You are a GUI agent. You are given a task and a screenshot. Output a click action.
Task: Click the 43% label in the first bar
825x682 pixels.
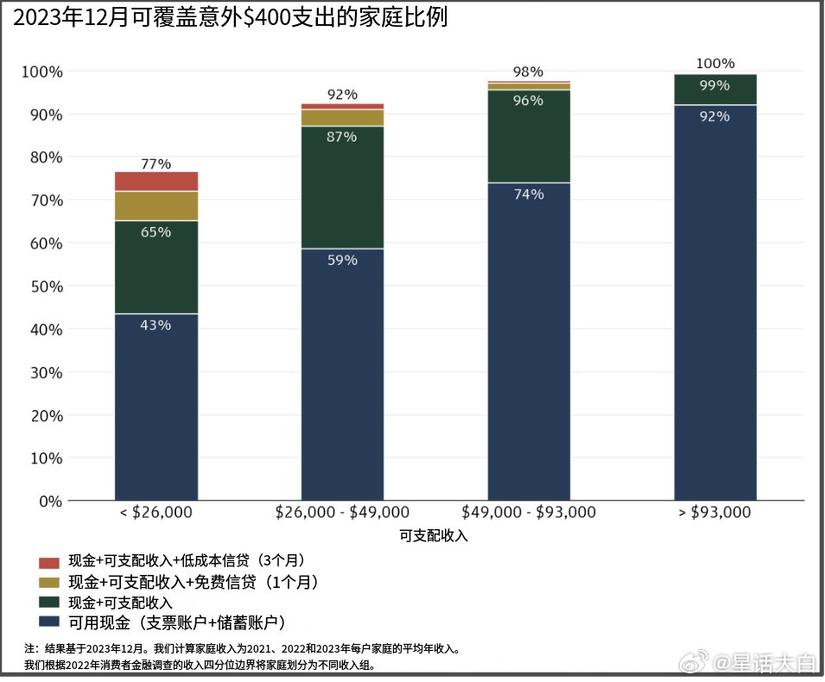click(155, 325)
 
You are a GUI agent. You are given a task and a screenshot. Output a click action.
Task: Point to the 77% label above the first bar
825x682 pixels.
click(155, 164)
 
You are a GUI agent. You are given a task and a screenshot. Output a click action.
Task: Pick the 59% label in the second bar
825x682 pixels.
click(342, 260)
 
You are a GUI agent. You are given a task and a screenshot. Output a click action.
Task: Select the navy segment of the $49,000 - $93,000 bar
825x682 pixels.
click(529, 345)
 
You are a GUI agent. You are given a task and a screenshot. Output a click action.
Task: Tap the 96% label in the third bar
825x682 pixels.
click(529, 101)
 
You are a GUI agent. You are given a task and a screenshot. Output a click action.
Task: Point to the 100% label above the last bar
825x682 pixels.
click(715, 64)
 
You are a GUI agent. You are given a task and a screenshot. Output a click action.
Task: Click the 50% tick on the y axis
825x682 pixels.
click(42, 287)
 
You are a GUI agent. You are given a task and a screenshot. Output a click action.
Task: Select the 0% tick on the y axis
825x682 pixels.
click(48, 502)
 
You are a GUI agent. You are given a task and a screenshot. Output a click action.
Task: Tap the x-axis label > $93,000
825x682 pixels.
click(714, 512)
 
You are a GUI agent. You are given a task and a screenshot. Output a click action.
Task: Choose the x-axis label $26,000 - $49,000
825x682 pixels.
click(342, 512)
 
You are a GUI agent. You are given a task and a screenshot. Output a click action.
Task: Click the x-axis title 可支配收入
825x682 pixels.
click(434, 535)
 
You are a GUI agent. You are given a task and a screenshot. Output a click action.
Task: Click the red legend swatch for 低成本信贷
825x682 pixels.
click(49, 562)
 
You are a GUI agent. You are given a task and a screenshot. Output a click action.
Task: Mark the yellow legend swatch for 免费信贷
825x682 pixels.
click(49, 583)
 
